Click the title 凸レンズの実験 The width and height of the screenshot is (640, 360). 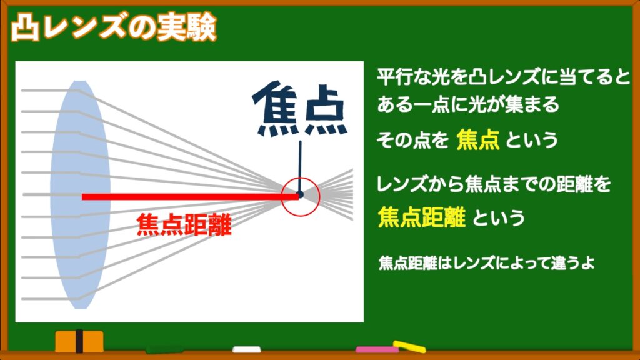(114, 27)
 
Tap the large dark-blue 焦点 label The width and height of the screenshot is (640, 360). (300, 109)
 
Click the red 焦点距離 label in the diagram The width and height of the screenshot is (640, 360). (184, 224)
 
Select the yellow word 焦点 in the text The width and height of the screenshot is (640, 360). (478, 139)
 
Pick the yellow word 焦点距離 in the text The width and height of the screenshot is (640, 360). (422, 217)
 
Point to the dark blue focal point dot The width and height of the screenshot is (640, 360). (301, 195)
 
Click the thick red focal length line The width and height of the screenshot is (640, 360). (190, 197)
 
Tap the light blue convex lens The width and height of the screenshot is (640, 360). (80, 195)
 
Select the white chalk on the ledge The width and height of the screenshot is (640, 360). (246, 349)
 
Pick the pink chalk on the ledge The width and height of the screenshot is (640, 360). (377, 350)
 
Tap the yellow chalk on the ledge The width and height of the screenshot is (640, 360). (409, 347)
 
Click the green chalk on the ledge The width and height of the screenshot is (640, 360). (165, 350)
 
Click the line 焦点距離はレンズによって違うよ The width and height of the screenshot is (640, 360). (486, 263)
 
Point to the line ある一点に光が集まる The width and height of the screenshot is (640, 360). (467, 104)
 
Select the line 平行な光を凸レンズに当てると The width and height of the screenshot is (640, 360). (503, 77)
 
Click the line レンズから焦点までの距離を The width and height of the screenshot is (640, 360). (494, 184)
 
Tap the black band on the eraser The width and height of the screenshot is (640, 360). (79, 341)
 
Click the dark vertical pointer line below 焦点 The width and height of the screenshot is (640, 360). (301, 166)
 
